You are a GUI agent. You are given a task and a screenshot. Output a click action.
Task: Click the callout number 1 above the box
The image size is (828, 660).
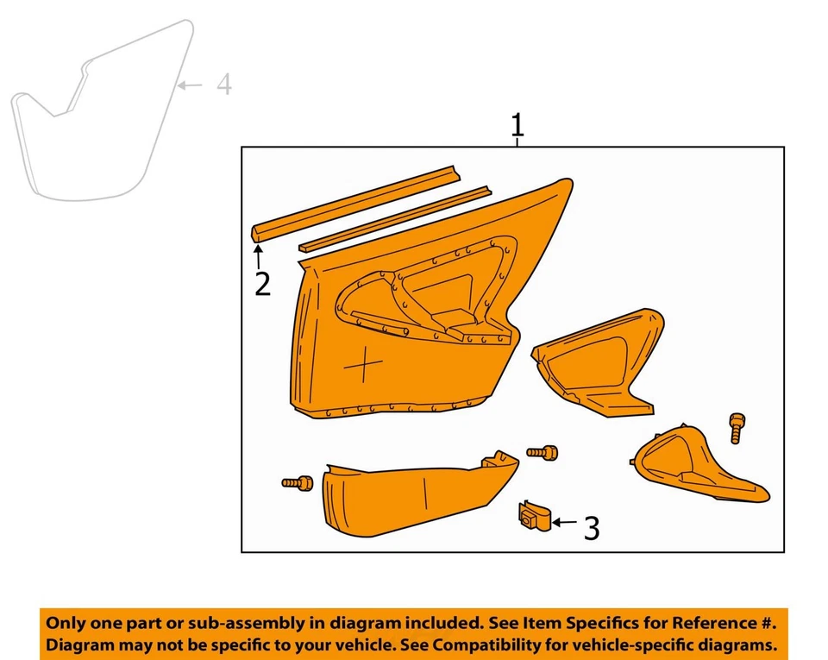[517, 126]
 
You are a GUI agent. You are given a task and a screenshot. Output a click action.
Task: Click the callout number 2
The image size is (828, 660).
[262, 283]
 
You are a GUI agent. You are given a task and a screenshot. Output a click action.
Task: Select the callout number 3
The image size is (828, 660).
[591, 528]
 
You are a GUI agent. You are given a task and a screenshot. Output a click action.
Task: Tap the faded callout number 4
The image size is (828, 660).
[223, 85]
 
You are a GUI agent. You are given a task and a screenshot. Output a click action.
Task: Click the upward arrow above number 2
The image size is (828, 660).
[257, 256]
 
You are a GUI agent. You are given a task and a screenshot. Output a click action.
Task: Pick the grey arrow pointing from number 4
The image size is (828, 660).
[191, 85]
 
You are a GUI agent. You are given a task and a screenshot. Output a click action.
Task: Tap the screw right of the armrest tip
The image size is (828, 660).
[543, 452]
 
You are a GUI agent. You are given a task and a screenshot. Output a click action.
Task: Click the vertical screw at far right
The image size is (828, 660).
[736, 428]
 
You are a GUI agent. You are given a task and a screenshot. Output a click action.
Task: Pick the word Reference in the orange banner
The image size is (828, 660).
[702, 622]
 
